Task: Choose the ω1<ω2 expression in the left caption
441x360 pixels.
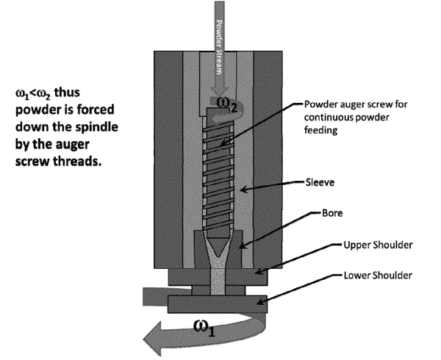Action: coord(37,95)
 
